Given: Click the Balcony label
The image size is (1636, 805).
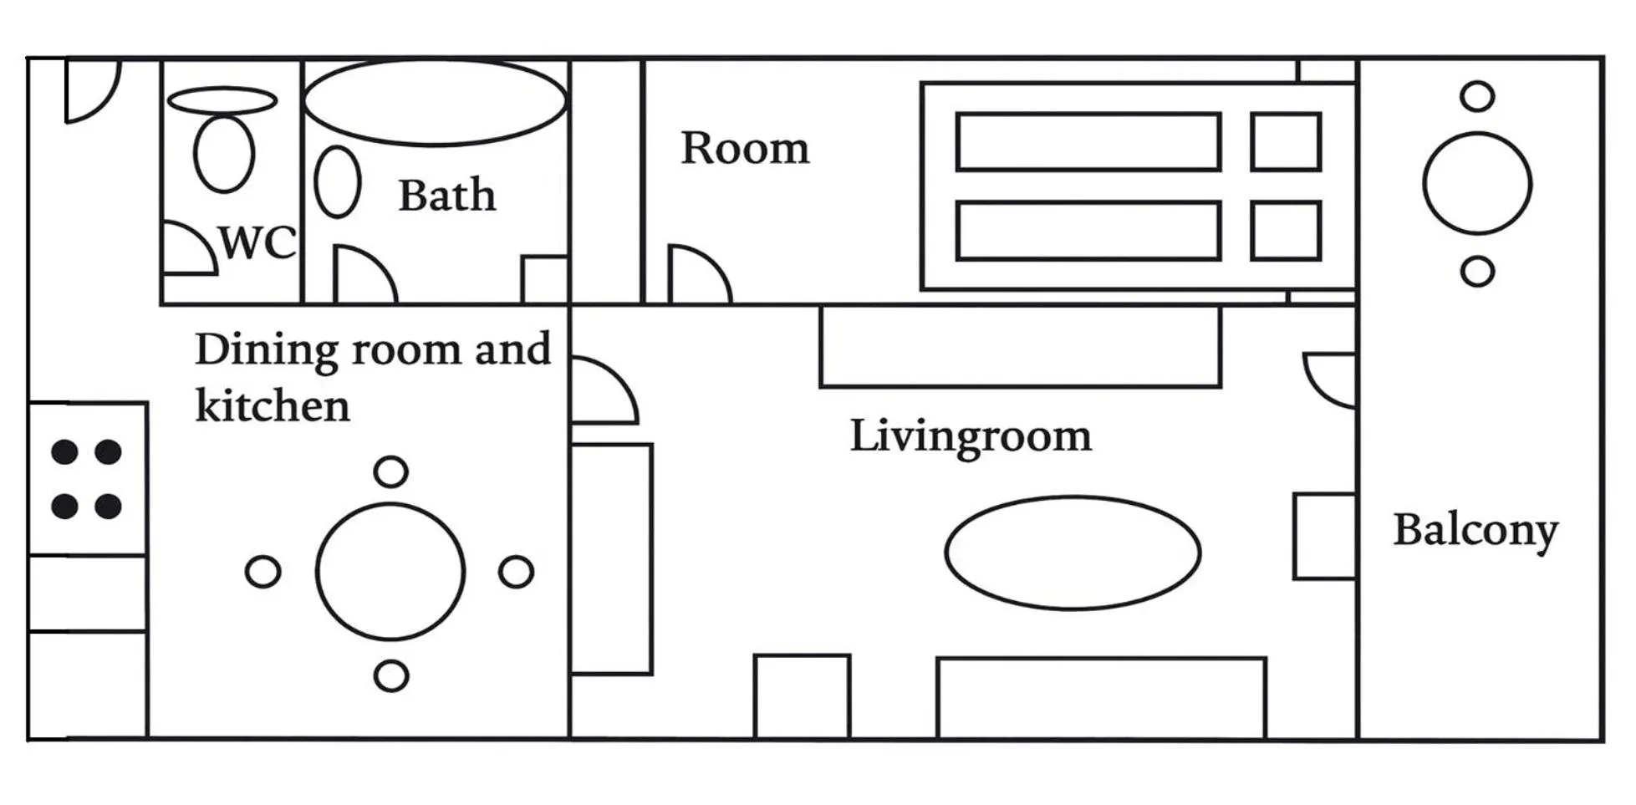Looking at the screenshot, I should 1475,530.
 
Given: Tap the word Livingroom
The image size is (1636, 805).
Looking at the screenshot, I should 970,436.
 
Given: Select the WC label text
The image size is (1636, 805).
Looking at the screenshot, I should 257,243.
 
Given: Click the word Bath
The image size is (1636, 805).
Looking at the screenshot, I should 446,196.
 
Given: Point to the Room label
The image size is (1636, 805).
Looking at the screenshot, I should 744,149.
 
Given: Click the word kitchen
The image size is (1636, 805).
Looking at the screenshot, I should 272,406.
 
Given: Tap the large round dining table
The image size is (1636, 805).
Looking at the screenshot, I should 390,572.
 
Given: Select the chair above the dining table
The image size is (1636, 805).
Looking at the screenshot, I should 390,472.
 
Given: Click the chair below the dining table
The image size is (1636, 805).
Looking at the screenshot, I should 390,675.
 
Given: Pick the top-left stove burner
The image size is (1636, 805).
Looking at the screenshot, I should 64,452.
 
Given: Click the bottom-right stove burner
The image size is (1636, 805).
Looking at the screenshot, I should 108,507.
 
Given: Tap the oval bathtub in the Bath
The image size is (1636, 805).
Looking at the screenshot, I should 435,101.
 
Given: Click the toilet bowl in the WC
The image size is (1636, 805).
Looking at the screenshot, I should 223,154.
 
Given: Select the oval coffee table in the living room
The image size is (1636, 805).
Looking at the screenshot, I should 1073,553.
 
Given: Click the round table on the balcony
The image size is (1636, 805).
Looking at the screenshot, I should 1476,183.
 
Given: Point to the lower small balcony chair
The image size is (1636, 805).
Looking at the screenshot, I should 1476,272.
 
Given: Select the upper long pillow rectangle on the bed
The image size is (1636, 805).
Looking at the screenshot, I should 1088,142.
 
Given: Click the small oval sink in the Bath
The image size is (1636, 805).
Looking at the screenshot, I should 337,182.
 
